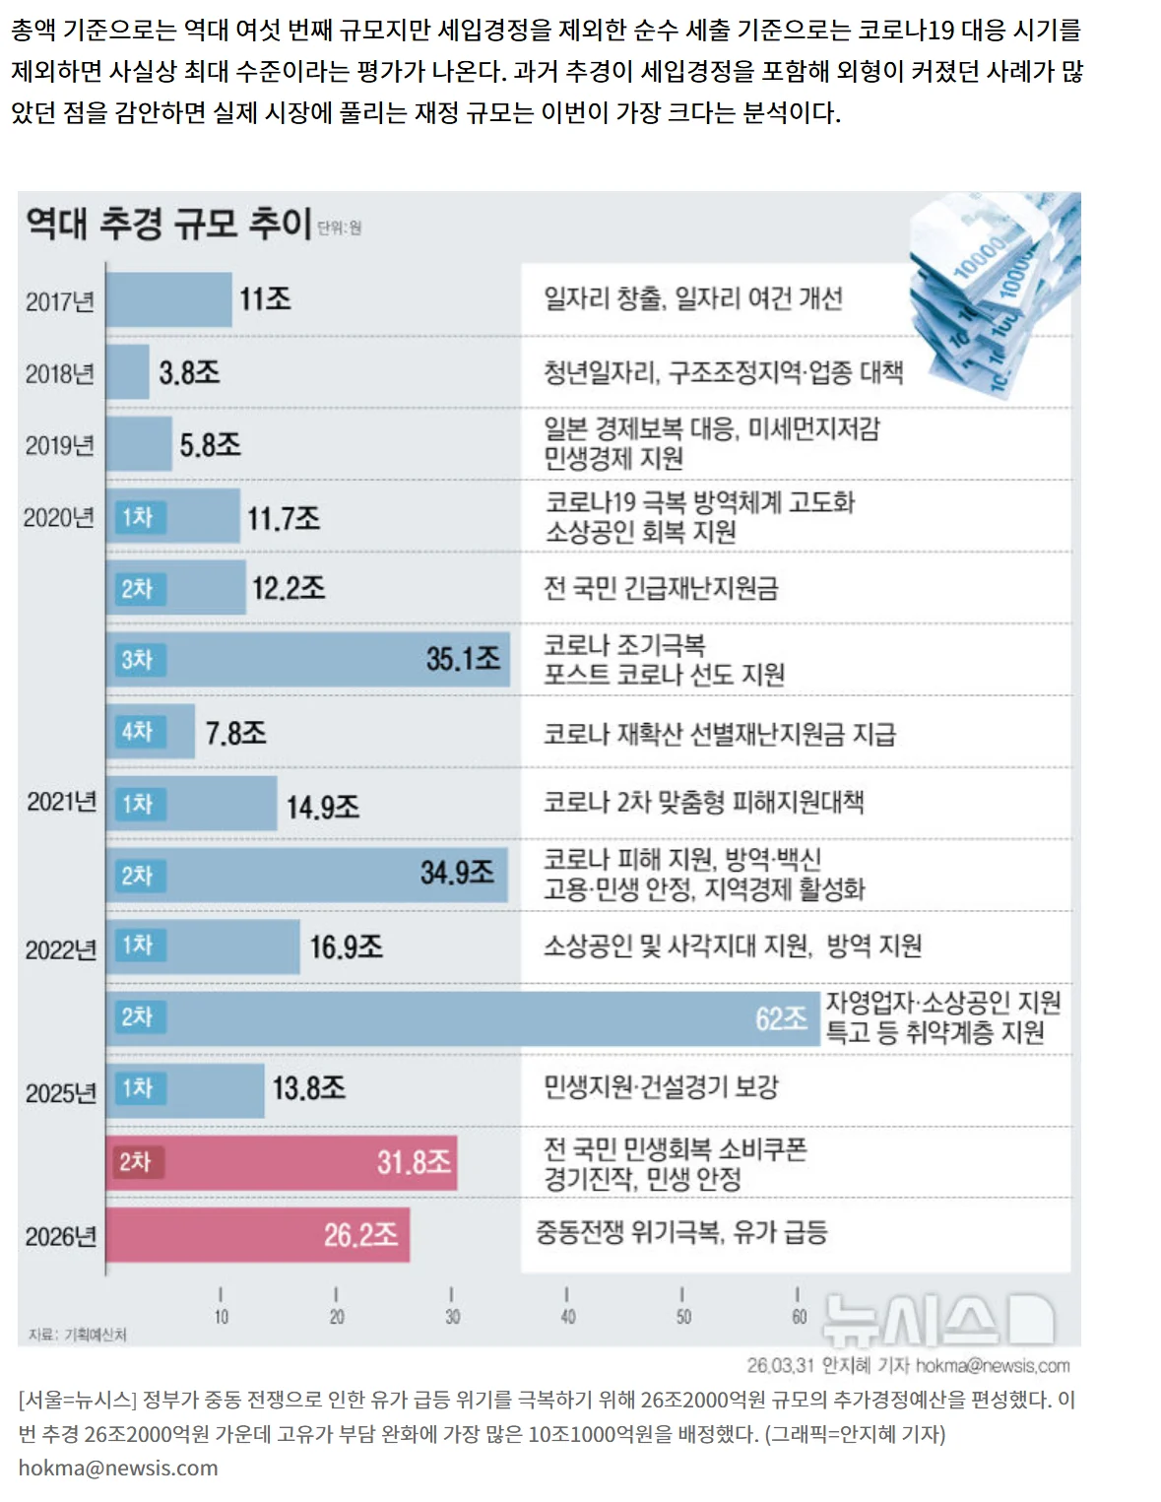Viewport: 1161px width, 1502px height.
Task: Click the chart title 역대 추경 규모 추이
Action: (x=168, y=224)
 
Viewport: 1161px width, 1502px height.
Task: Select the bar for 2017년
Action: (x=168, y=299)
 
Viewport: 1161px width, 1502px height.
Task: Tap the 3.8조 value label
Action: (x=189, y=373)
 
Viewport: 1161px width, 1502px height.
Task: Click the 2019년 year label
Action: (x=59, y=446)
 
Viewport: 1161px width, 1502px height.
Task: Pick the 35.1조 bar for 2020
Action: (x=308, y=659)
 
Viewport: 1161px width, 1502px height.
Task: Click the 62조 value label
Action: (x=781, y=1018)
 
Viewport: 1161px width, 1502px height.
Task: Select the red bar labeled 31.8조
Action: (x=282, y=1162)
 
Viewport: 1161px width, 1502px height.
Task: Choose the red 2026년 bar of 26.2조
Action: (x=258, y=1234)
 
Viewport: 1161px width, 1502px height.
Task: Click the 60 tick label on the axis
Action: (x=799, y=1317)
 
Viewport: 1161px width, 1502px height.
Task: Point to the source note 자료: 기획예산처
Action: (x=78, y=1335)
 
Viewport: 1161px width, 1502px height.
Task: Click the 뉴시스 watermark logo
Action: (x=939, y=1321)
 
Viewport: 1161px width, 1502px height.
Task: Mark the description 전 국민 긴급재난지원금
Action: (x=662, y=588)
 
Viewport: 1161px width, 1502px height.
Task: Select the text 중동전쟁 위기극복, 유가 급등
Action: (x=681, y=1232)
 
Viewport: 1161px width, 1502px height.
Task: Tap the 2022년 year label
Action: (x=61, y=950)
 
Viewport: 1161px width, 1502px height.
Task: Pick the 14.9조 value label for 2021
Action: (x=323, y=808)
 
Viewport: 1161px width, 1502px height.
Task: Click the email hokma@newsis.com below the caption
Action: (x=118, y=1468)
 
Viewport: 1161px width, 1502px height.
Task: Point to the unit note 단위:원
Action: (x=340, y=228)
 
